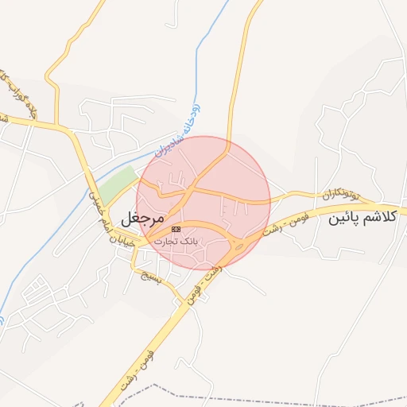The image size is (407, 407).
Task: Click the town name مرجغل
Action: click(x=142, y=216)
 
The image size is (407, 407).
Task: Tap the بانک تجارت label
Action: click(x=176, y=239)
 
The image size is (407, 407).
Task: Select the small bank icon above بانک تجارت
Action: click(x=176, y=229)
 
